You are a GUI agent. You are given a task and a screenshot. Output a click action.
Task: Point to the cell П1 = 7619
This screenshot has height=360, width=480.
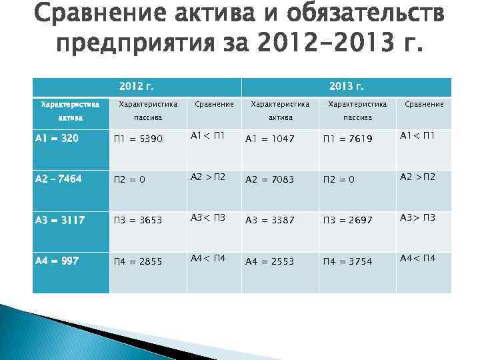[347, 139]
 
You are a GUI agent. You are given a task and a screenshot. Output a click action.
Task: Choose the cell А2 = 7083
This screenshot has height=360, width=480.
[270, 179]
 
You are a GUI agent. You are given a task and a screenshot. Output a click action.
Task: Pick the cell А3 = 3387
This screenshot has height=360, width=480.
[270, 220]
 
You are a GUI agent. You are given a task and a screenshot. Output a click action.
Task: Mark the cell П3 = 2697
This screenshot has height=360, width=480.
[347, 220]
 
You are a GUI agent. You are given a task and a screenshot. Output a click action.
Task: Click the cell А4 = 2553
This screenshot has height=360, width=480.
[270, 261]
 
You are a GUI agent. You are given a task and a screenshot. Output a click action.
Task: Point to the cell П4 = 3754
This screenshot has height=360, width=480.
[347, 261]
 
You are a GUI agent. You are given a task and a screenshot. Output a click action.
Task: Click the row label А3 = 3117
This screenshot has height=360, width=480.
[59, 220]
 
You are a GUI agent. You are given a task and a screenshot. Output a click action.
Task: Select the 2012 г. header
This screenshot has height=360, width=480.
[136, 87]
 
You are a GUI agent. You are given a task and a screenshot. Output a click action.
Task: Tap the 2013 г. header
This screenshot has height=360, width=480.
[346, 87]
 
